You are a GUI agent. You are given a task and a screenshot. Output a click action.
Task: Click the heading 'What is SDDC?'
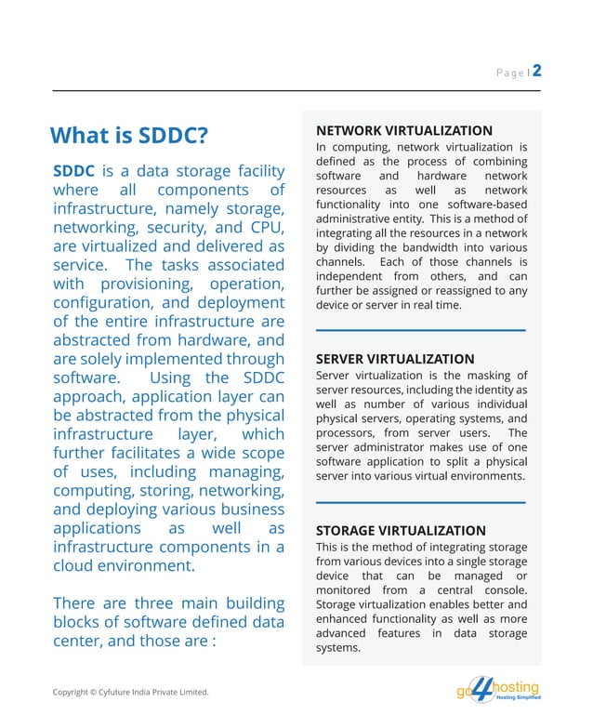(x=128, y=136)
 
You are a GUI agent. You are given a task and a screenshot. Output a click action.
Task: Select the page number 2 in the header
(x=536, y=72)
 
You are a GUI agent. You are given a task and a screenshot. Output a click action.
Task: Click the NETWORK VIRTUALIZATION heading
(x=403, y=131)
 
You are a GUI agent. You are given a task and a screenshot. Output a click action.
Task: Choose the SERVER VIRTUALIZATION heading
(x=395, y=359)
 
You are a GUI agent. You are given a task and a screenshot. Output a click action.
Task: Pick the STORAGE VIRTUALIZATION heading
(x=401, y=531)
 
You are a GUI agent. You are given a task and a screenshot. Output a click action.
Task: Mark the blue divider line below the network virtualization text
(x=420, y=330)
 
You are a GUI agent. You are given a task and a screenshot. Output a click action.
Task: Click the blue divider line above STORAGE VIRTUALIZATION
(x=420, y=502)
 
